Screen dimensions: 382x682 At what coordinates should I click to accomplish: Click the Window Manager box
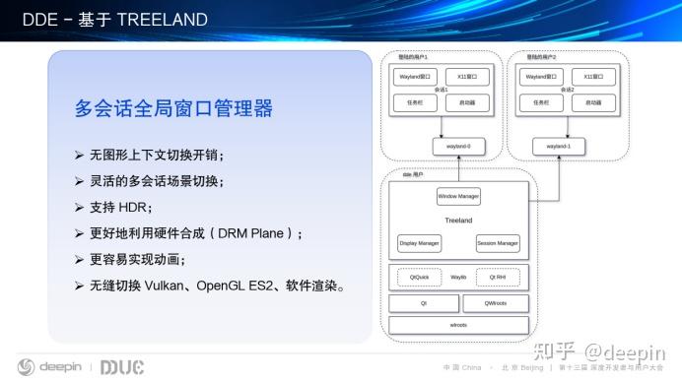[x=458, y=196]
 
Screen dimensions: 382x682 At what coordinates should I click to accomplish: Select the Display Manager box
[x=418, y=242]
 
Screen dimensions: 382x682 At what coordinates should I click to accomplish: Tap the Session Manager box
[x=498, y=242]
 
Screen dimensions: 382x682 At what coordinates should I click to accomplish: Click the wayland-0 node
[x=458, y=147]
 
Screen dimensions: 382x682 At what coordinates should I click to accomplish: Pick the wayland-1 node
[x=558, y=147]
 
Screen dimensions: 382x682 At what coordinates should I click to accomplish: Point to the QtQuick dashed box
[x=418, y=278]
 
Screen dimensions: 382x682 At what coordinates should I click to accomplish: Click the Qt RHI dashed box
[x=498, y=278]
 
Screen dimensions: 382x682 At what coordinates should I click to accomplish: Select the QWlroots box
[x=498, y=302]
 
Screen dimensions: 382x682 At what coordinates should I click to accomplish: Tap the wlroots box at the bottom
[x=458, y=325]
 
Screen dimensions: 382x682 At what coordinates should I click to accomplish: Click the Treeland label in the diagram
[x=458, y=221]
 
